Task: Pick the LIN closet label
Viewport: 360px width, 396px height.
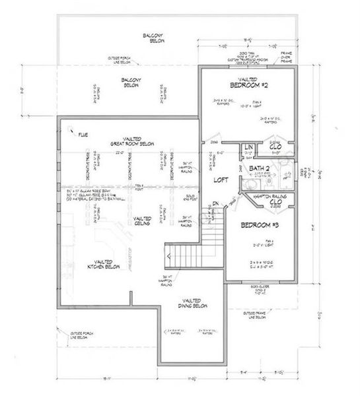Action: [248, 147]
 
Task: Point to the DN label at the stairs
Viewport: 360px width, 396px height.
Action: [216, 203]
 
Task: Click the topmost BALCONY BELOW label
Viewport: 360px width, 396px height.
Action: [156, 38]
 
